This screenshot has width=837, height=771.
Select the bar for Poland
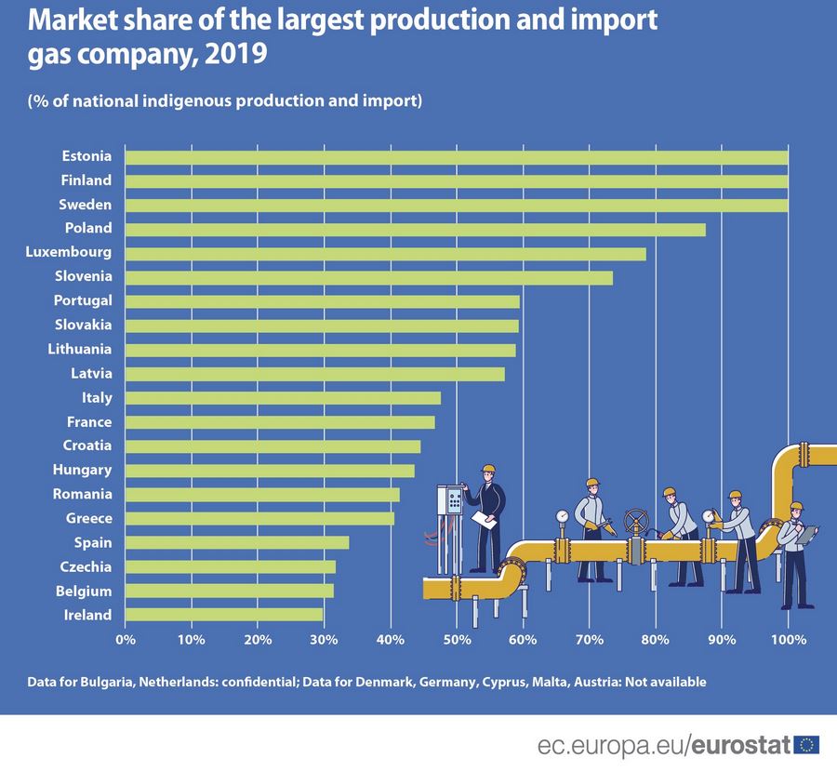click(x=415, y=229)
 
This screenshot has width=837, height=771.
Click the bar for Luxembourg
click(x=385, y=253)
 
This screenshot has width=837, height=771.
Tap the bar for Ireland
click(x=223, y=615)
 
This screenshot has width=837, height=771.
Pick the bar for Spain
click(x=236, y=542)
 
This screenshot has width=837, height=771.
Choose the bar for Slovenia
click(x=368, y=277)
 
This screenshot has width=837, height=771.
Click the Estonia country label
click(x=86, y=156)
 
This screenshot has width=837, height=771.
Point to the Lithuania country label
click(x=80, y=350)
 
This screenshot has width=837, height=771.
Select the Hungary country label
click(x=83, y=470)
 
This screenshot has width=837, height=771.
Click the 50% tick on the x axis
click(x=456, y=640)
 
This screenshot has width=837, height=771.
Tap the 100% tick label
click(x=788, y=640)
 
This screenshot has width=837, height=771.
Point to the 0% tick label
click(x=125, y=640)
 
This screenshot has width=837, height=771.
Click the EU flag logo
click(x=806, y=744)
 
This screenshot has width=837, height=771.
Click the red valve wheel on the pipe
click(x=636, y=519)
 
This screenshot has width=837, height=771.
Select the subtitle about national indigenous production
click(x=225, y=100)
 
